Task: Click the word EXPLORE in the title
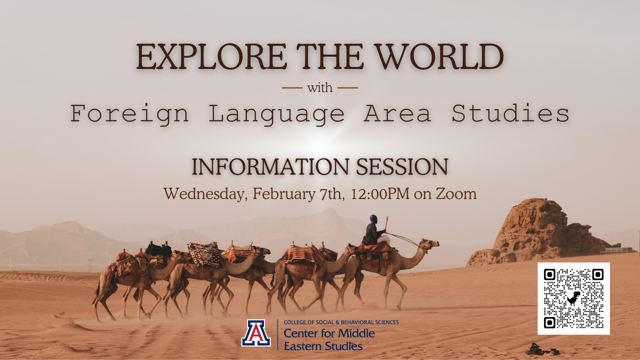211,57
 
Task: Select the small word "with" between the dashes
320,88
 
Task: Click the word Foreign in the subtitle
130,114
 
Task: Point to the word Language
276,114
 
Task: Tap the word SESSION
402,167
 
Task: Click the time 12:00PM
380,194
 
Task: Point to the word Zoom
456,194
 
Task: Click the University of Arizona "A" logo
256,333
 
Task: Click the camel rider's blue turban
373,218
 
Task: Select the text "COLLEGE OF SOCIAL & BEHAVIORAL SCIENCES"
341,322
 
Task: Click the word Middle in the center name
356,333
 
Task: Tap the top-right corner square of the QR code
598,275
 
